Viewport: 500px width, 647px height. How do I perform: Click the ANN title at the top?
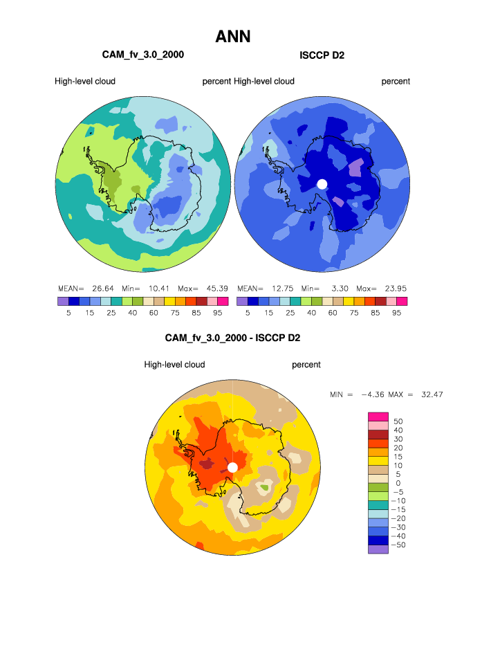tap(232, 36)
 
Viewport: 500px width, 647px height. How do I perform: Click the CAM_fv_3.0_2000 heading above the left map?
tap(143, 54)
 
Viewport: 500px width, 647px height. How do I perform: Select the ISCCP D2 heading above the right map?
tap(322, 55)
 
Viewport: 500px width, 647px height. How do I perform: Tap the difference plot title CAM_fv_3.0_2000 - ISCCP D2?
tap(232, 338)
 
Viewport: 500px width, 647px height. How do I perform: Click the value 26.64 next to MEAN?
tap(103, 288)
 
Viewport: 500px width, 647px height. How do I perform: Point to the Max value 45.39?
tap(218, 288)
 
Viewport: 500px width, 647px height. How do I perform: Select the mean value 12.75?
tap(282, 288)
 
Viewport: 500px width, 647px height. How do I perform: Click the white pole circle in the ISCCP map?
tap(322, 183)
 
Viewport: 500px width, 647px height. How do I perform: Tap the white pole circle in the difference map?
tap(232, 467)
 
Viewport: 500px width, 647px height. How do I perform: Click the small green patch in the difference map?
tap(264, 487)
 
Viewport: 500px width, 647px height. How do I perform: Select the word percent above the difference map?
tap(306, 365)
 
